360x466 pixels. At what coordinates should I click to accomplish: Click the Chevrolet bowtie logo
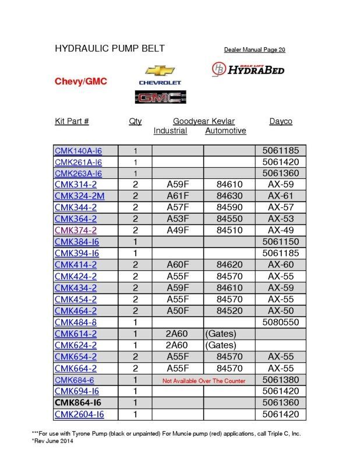point(160,71)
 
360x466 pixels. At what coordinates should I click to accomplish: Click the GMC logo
point(160,98)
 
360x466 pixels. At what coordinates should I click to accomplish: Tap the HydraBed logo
point(248,69)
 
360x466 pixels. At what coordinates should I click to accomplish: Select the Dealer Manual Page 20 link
point(255,50)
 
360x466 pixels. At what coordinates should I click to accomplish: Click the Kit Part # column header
point(72,121)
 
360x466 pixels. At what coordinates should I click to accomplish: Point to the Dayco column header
point(281,121)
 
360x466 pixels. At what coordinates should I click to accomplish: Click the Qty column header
point(135,121)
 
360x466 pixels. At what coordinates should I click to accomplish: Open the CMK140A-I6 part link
point(78,151)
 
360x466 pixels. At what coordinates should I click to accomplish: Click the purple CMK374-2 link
point(76,230)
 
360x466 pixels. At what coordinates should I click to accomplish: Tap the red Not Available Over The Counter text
point(203,380)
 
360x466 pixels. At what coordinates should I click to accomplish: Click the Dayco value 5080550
point(281,322)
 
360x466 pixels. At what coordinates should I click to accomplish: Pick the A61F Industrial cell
point(177,196)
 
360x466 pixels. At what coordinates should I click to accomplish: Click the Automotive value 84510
point(228,230)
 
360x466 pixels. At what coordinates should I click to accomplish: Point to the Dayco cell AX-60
point(281,264)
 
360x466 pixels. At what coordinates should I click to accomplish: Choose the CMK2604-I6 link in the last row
point(79,414)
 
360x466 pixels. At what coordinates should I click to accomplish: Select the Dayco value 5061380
point(281,380)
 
